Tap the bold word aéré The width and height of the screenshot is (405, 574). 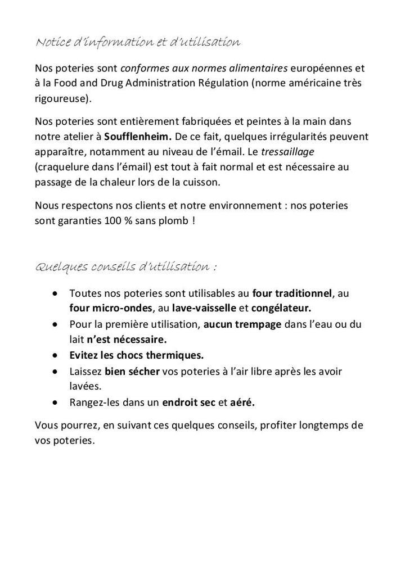pos(242,403)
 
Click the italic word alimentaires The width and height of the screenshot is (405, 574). pos(254,69)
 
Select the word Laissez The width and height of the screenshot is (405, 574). pos(85,372)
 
